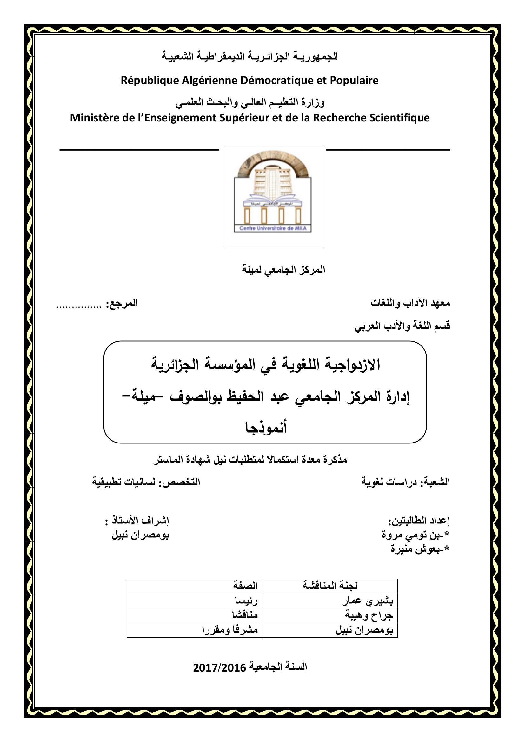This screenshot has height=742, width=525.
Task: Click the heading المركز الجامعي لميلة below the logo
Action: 283,270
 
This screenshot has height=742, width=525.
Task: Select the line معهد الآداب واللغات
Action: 410,303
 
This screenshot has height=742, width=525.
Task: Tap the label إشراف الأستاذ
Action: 141,521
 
